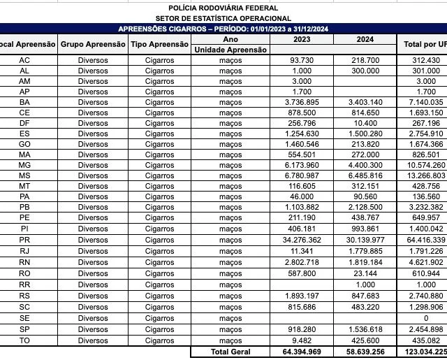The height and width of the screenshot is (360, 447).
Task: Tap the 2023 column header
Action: (x=302, y=40)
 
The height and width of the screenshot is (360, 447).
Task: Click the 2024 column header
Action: (x=365, y=40)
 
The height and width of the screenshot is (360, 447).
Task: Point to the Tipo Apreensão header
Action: (x=159, y=45)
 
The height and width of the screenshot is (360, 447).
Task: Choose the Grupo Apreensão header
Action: (x=93, y=45)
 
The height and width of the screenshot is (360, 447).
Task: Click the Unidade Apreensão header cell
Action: (x=230, y=50)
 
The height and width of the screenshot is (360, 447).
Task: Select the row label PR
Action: (x=24, y=240)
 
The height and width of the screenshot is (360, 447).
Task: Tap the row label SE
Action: (x=24, y=318)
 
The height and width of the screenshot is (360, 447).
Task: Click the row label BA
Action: (x=24, y=103)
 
